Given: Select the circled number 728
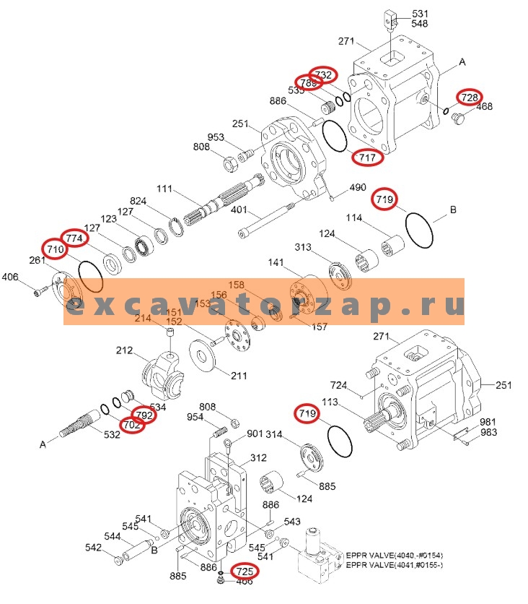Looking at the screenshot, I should point(470,97).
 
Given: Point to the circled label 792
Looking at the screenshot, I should point(144,415).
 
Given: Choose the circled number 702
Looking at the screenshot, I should point(132,426).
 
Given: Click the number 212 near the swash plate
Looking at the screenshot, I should point(124,352).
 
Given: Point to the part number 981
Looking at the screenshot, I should point(488,422).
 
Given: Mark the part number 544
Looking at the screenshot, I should point(113,536).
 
